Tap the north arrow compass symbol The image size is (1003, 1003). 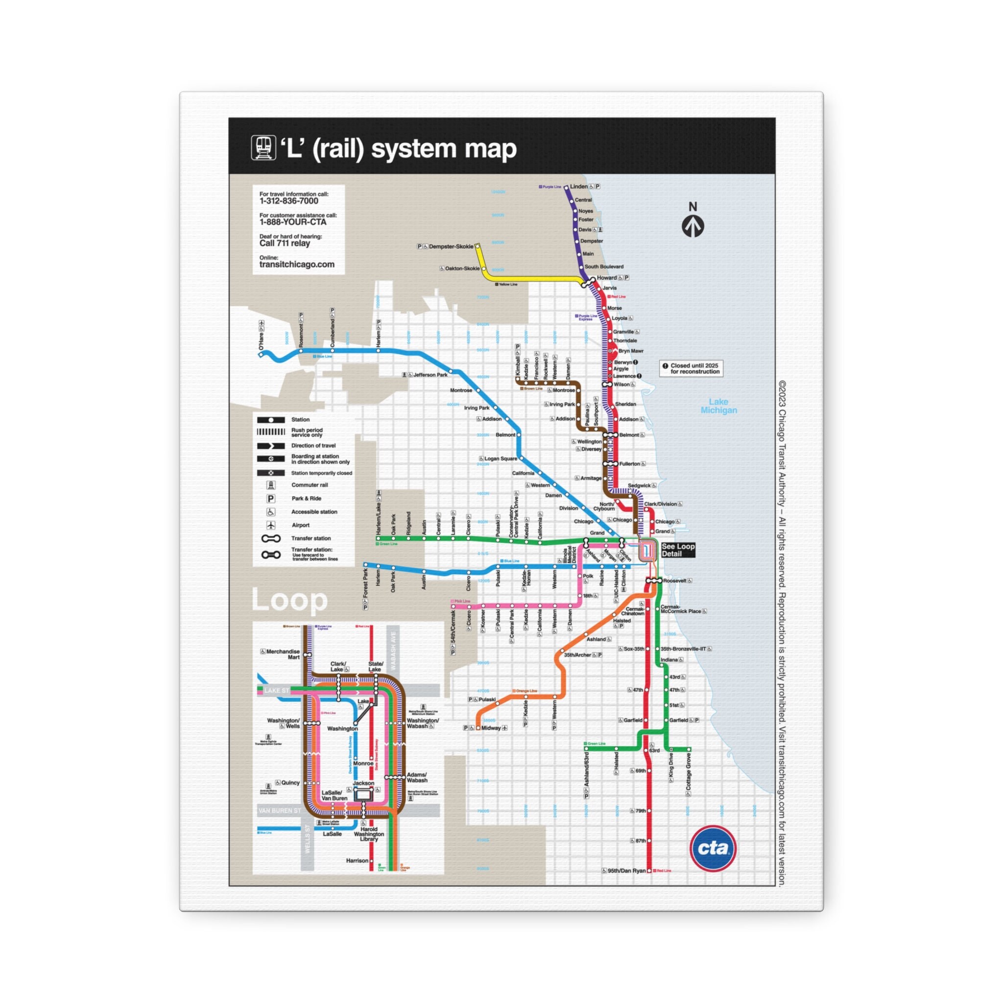693,225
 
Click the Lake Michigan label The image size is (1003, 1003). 718,406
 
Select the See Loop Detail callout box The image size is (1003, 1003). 677,550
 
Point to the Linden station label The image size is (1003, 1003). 579,187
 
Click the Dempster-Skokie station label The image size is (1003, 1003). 451,247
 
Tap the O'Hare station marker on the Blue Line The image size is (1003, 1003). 261,355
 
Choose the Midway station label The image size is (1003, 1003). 491,728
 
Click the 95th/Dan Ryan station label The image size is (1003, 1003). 626,871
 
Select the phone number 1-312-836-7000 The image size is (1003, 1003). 288,201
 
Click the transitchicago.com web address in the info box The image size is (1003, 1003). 296,264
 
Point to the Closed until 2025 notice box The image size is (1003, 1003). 691,369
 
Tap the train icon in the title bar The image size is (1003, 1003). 263,148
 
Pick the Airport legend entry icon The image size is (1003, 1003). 270,525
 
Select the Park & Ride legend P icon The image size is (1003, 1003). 270,499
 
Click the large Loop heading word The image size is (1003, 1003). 289,600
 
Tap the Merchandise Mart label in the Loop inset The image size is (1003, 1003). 283,654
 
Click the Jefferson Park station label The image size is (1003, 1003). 430,375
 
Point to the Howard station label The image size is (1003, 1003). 606,278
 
